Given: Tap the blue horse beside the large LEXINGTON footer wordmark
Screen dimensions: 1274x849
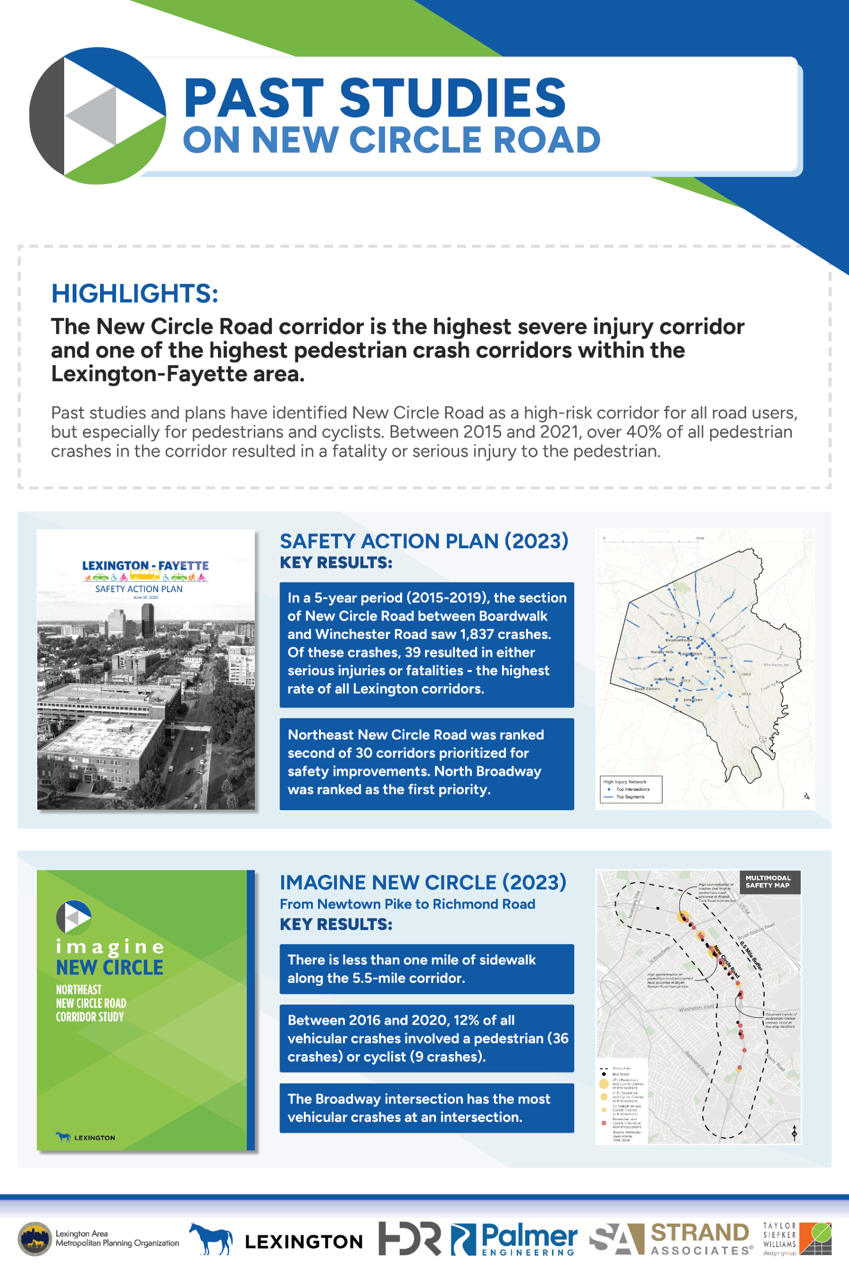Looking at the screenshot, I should coord(211,1238).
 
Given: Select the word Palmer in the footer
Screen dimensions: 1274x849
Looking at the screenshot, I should coord(529,1235).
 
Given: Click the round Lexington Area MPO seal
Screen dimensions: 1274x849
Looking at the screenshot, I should coord(35,1238).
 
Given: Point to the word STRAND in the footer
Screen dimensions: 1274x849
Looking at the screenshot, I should coord(700,1233).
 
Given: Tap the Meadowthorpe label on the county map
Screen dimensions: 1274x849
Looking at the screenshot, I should coord(678,640).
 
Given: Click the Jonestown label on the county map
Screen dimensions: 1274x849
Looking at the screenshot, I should coord(693,700).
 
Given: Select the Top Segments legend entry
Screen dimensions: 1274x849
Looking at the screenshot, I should coord(630,796).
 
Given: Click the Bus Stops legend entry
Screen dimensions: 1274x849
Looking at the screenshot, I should coord(620,1073).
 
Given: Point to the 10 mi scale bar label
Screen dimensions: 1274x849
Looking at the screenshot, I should coord(700,538).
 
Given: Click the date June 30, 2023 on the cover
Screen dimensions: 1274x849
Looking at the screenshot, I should coord(146,597).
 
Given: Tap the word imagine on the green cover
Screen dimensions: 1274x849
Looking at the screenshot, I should coord(109,947).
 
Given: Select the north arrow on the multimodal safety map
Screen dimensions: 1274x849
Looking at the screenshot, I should coord(794,1133).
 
